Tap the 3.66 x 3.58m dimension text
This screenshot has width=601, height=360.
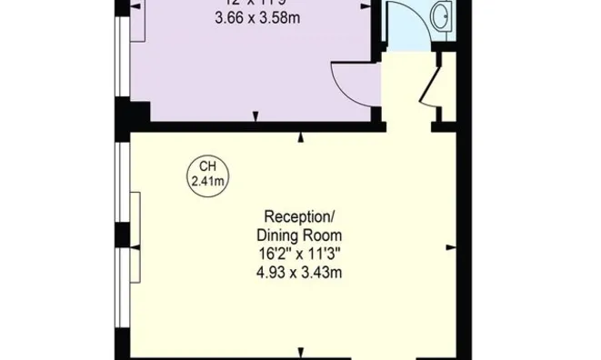(258, 18)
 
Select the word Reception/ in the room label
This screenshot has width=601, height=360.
(299, 216)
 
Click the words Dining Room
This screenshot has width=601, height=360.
(299, 235)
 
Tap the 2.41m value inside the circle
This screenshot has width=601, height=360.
(208, 181)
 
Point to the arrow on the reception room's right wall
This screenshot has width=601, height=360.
(448, 245)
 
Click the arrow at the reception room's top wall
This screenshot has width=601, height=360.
(301, 138)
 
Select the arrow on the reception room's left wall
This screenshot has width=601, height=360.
(134, 246)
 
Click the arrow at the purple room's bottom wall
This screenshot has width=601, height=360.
(255, 115)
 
